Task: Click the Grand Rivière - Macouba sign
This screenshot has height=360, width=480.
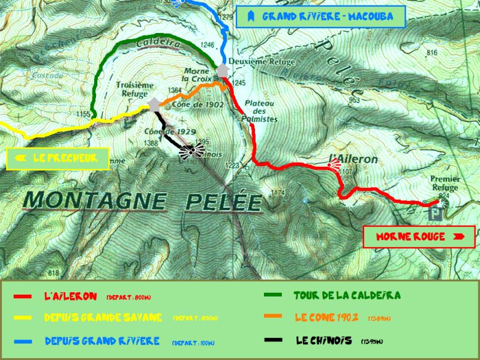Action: coord(320,17)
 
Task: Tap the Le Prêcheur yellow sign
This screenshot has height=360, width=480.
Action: coord(58,159)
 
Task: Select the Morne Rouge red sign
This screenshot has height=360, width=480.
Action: coord(419,237)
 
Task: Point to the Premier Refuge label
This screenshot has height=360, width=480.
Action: coord(445,183)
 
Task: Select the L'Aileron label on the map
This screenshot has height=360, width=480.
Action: coord(353,159)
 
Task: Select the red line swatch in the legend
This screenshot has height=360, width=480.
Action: coord(23,296)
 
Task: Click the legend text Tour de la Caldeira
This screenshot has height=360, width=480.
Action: coord(347,296)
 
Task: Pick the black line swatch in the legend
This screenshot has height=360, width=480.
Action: coord(273,340)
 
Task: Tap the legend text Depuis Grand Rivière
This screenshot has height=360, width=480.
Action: coord(102,341)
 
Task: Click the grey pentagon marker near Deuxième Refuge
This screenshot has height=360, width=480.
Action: coord(223,71)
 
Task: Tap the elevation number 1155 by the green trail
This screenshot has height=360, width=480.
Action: coord(84,114)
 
